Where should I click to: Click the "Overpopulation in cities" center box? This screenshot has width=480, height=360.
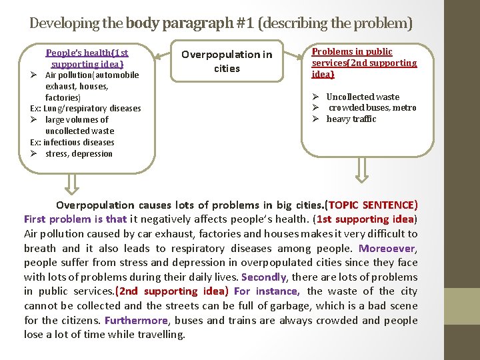pyautogui.click(x=227, y=61)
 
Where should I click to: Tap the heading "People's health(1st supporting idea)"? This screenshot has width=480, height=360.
pyautogui.click(x=87, y=58)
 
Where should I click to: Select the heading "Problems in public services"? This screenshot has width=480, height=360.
pyautogui.click(x=364, y=63)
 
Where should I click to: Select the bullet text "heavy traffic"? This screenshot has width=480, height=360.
pyautogui.click(x=351, y=119)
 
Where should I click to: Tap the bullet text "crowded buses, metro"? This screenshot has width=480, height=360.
pyautogui.click(x=372, y=108)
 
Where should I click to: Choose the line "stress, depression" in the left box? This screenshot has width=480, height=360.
pyautogui.click(x=79, y=154)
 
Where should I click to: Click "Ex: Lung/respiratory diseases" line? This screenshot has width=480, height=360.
pyautogui.click(x=85, y=109)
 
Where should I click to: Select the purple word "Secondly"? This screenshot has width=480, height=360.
pyautogui.click(x=263, y=277)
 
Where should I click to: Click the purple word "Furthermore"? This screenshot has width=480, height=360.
pyautogui.click(x=135, y=320)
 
